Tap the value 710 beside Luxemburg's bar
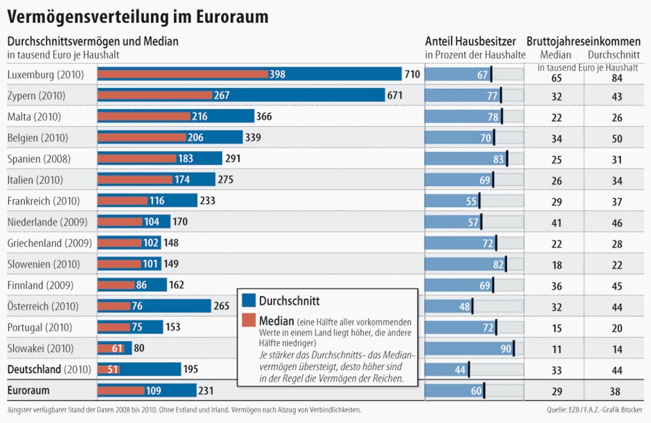point(413,74)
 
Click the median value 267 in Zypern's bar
point(222,95)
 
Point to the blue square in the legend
point(249,300)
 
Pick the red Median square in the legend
point(249,322)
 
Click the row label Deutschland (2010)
point(44,369)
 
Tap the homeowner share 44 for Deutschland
point(460,369)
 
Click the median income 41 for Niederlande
point(557,223)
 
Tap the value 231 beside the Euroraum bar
point(206,390)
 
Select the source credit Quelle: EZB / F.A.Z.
point(588,410)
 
